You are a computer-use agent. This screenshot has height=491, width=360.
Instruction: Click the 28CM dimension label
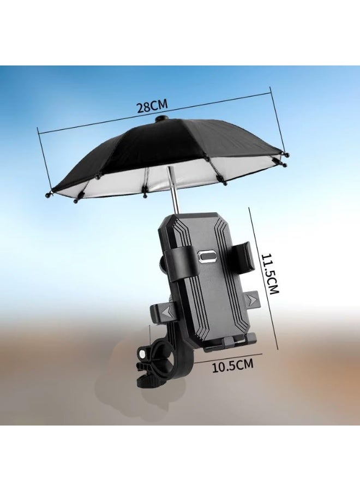coord(152,106)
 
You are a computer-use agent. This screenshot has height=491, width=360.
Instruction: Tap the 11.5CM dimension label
coord(269,273)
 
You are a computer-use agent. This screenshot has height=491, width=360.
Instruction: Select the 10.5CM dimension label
coord(232,366)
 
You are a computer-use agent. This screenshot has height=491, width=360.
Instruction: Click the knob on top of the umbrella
coord(161,119)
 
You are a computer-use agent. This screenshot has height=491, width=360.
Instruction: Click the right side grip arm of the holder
coord(243,256)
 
